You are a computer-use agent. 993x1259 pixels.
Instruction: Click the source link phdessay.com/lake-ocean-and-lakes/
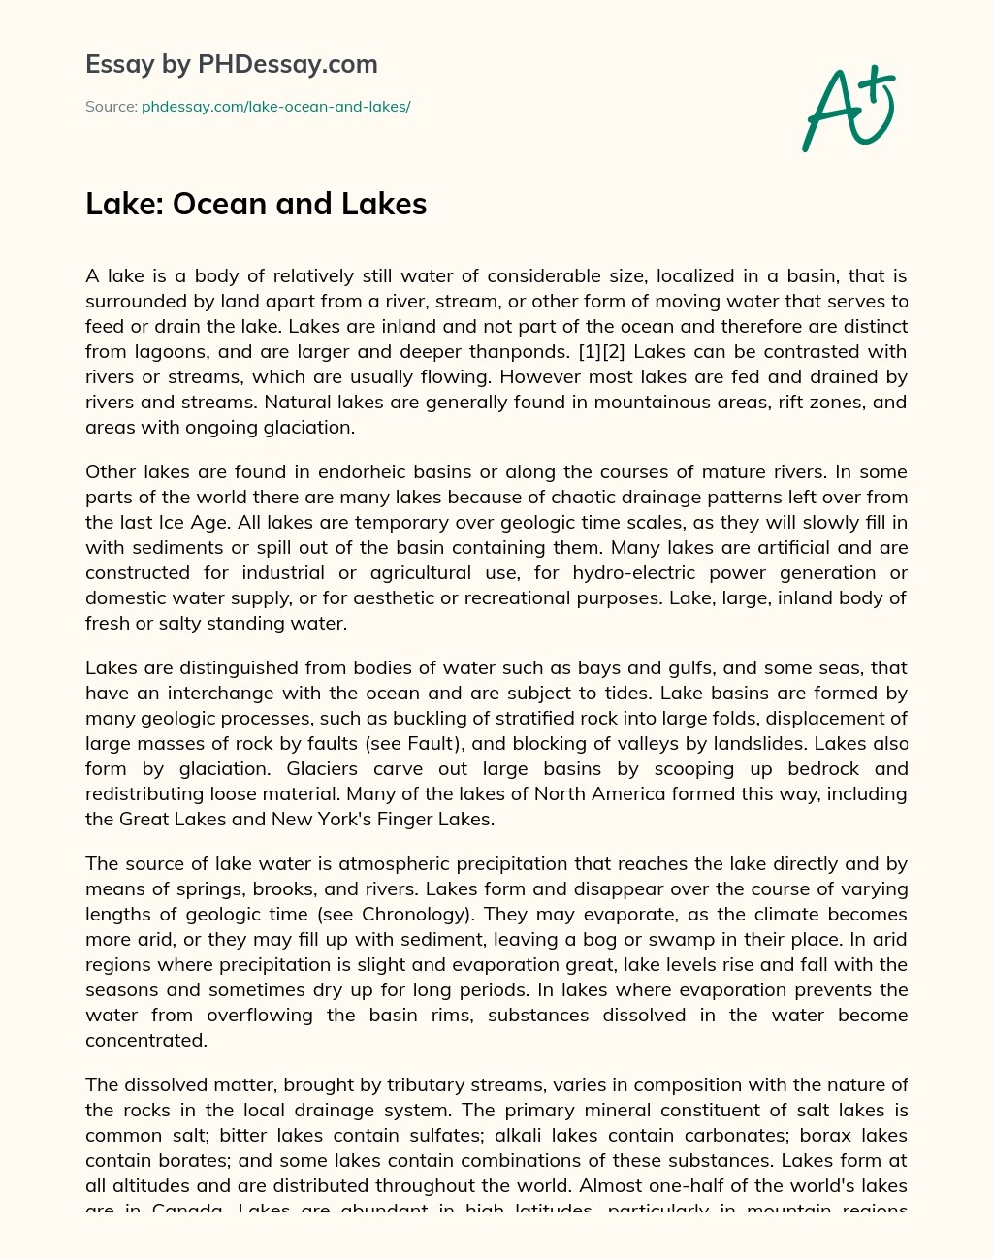275,107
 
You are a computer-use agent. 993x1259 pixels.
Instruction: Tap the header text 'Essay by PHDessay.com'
231,64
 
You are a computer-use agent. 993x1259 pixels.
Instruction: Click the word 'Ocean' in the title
219,204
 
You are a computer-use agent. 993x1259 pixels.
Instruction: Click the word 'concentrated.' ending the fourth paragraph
146,1041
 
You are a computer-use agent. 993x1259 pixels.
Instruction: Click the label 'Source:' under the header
111,107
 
